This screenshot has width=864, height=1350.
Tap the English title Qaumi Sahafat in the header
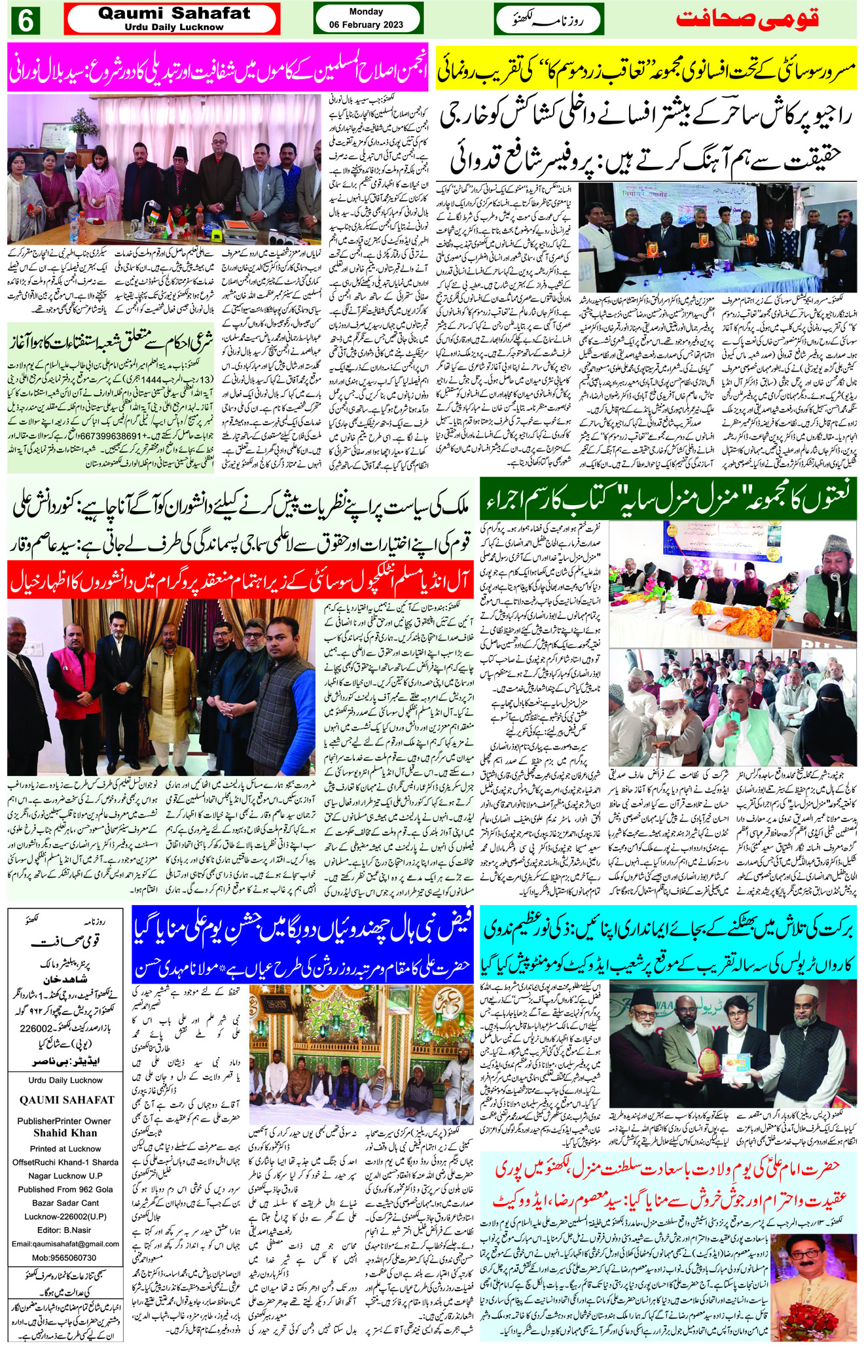tap(174, 14)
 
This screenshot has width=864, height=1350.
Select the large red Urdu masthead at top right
tap(747, 18)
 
